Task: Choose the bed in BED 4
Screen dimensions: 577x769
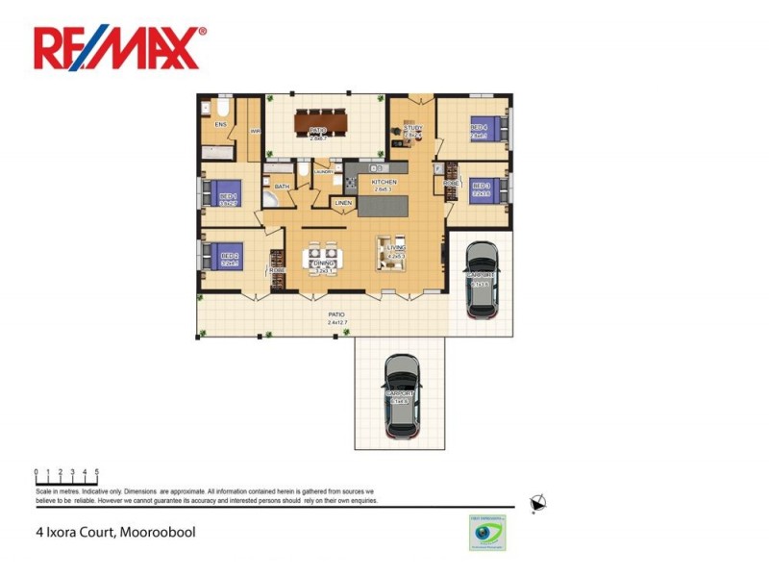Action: tap(486, 129)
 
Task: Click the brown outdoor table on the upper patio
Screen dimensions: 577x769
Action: tap(317, 123)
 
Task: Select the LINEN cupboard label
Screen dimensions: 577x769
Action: tap(343, 204)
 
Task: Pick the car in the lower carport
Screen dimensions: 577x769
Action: tap(402, 394)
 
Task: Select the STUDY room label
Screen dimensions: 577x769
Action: tap(413, 128)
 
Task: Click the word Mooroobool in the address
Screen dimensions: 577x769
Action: tap(157, 531)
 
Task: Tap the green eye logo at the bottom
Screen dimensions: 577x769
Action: tap(487, 533)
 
